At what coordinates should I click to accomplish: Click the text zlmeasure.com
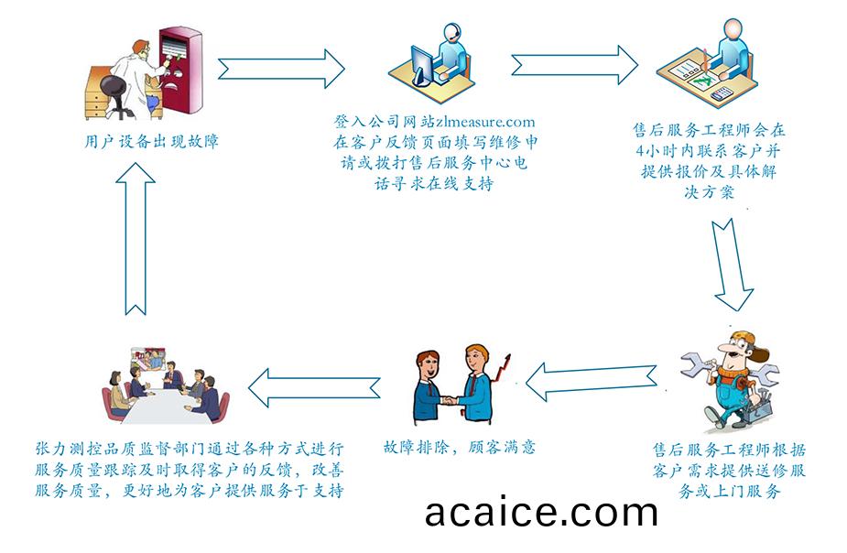(485, 122)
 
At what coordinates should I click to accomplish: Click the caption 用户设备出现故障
(152, 142)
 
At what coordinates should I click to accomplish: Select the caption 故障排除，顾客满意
(459, 447)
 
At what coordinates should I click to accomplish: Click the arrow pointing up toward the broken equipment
(136, 238)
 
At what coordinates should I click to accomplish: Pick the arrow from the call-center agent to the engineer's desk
(575, 65)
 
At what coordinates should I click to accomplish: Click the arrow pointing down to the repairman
(731, 265)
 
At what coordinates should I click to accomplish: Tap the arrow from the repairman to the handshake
(591, 381)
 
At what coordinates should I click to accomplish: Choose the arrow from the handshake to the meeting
(314, 387)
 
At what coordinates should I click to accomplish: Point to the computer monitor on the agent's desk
(423, 65)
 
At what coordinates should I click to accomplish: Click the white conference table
(162, 407)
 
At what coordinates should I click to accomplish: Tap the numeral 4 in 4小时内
(640, 151)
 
